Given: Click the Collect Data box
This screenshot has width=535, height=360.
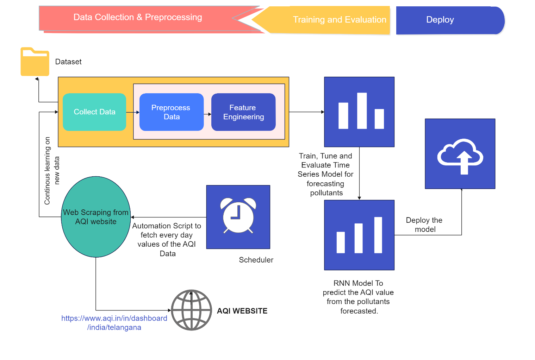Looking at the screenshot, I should (x=94, y=112).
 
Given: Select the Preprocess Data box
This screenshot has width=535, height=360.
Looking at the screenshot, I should (x=172, y=112).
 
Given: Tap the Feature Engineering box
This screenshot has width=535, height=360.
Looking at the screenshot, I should (x=243, y=112).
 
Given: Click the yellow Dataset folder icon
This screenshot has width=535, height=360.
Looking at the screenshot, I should (x=35, y=62).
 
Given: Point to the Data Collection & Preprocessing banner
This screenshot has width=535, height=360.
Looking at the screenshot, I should (x=138, y=18).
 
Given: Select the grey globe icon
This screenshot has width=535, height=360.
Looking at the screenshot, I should (x=191, y=310).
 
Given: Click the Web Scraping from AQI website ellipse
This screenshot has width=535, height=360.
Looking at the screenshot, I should (x=96, y=217).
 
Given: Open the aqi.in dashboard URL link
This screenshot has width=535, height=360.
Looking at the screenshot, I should (x=114, y=323).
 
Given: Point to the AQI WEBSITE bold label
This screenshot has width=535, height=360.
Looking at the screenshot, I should (x=242, y=311).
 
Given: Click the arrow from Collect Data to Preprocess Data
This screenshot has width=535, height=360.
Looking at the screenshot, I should (x=132, y=112).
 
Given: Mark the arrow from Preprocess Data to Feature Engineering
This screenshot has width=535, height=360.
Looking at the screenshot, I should (x=207, y=114).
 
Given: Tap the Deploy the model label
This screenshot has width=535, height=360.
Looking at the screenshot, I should (x=424, y=225).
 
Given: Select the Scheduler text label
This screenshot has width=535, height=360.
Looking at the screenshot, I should (x=256, y=260).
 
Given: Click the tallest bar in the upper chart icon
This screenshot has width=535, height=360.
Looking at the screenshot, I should (x=362, y=110).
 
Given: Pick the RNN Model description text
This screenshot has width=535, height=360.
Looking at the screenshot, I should (x=358, y=297).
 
